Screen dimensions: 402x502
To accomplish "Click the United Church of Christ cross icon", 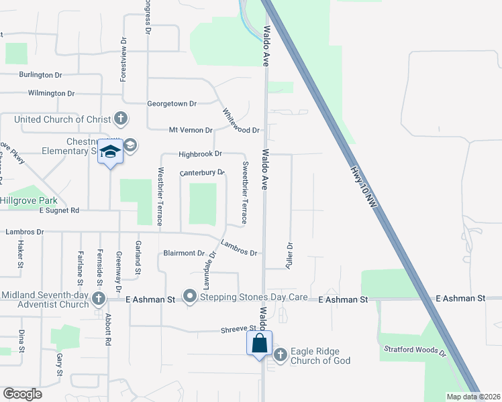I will pos(121,119).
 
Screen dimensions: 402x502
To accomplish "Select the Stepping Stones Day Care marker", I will pos(191,296).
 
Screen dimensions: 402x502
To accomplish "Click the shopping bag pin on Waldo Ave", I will pos(260,344).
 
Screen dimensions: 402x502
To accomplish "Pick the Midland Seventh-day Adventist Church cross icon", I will pos(99,298).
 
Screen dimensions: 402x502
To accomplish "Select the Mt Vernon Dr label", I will pos(191,130).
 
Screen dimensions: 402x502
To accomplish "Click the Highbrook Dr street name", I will pos(200,154).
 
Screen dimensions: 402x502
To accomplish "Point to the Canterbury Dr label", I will pos(202,172).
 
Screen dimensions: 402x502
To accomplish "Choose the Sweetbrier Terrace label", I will pos(245,193).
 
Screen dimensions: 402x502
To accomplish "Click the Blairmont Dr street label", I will pos(183,253).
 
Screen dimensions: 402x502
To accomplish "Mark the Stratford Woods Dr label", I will pos(415,350).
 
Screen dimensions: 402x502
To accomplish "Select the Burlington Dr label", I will pos(40,75).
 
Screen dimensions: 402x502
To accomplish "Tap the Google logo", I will pos(22,393).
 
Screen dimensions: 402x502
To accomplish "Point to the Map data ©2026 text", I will pos(472,397).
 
